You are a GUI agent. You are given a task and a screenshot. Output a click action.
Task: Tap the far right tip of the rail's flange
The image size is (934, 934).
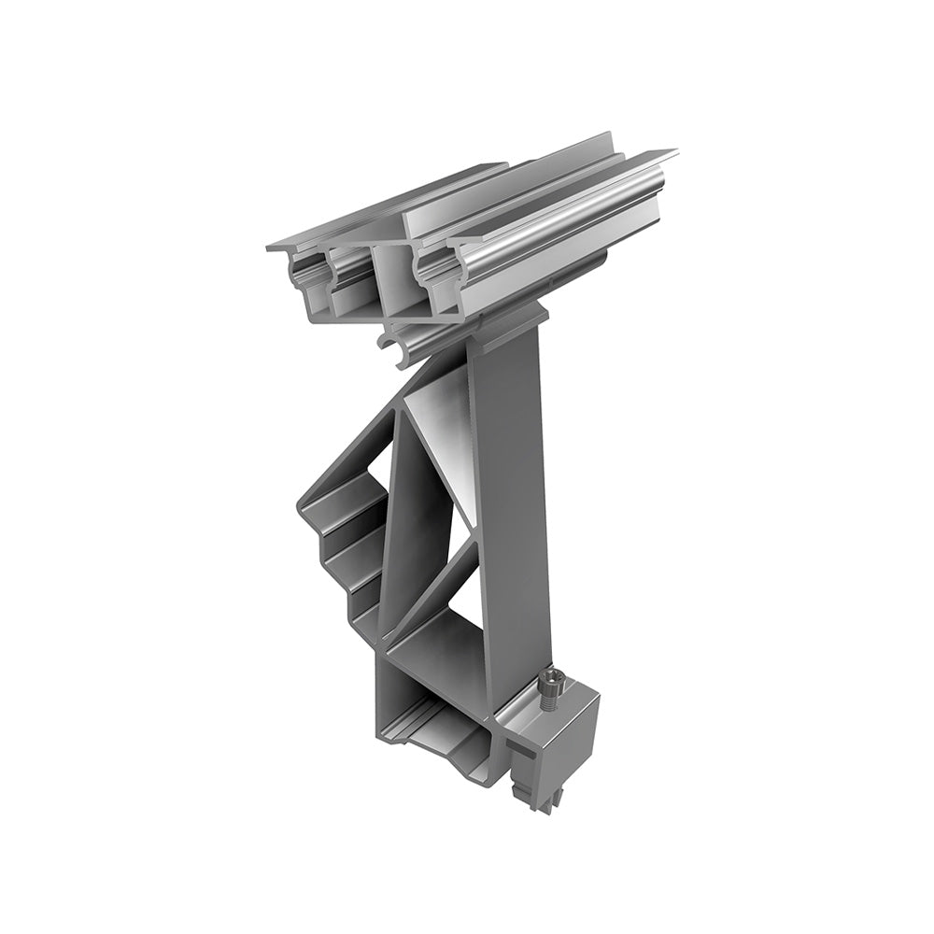click(x=671, y=151)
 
